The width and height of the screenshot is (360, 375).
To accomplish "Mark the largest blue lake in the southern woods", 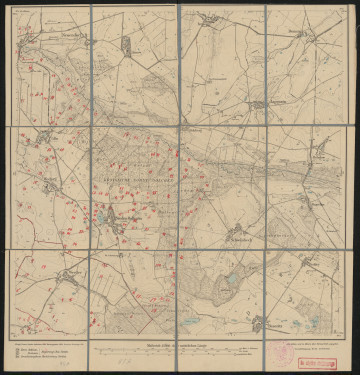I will [233, 281].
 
